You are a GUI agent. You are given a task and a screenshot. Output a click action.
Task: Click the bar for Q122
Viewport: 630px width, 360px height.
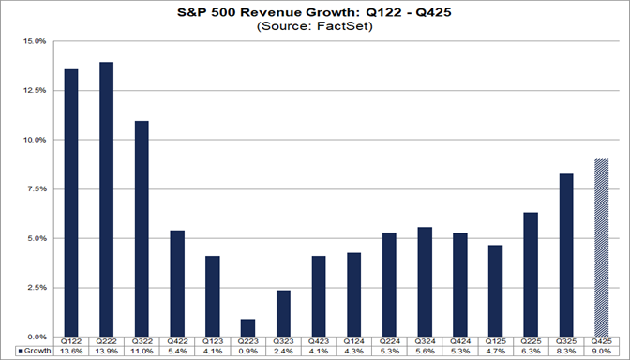click(72, 202)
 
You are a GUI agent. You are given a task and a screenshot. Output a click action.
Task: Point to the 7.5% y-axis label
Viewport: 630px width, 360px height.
click(35, 188)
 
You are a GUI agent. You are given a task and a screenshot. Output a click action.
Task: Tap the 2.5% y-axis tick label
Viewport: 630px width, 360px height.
click(35, 287)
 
